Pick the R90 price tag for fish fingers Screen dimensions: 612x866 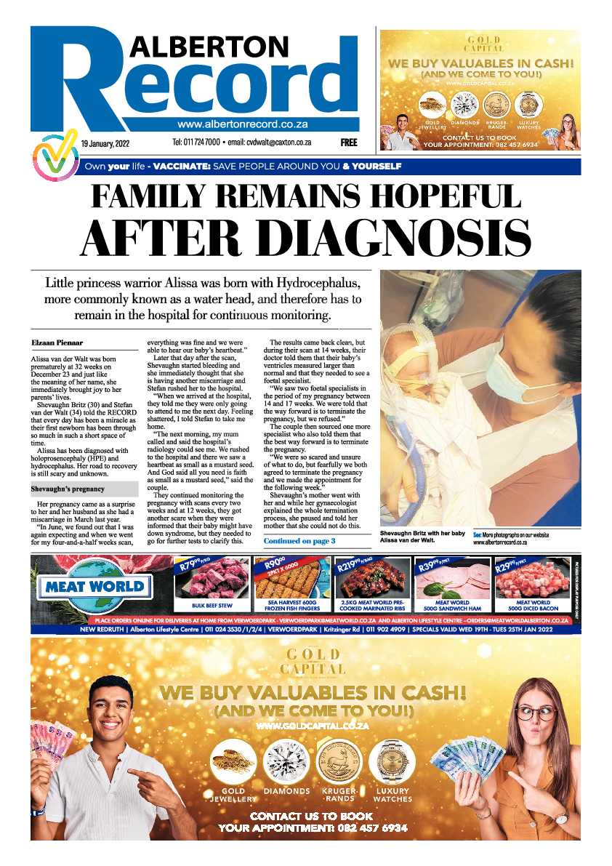pos(270,564)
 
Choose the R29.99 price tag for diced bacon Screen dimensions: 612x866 pos(510,562)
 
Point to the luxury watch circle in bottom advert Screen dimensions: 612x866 pos(391,761)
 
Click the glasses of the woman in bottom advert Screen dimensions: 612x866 pos(535,713)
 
